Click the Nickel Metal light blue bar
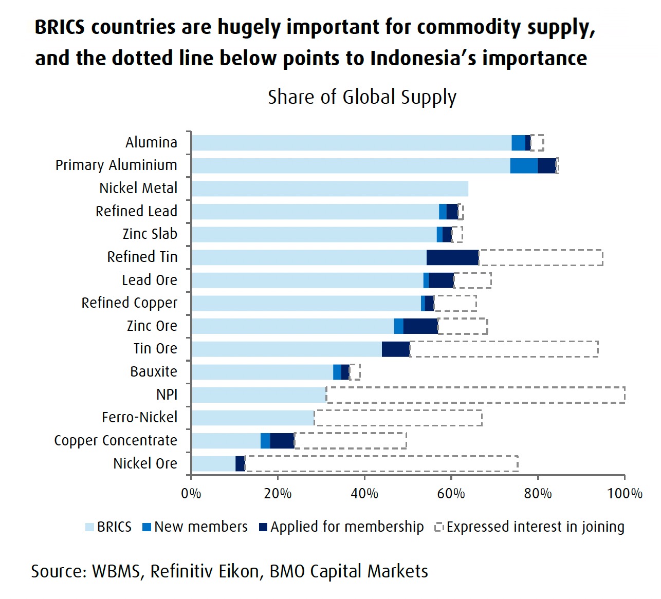tap(329, 189)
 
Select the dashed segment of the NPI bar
tap(475, 395)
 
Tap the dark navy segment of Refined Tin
tap(452, 257)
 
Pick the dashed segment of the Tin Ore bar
tap(504, 349)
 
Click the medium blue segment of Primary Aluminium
tap(524, 166)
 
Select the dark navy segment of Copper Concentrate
tap(282, 441)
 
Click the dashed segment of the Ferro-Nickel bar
tap(398, 418)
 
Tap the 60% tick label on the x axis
tap(451, 494)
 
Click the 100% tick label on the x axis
tap(624, 494)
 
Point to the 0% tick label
tap(191, 494)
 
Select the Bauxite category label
tap(153, 371)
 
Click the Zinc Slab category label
tap(150, 234)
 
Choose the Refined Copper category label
tap(129, 303)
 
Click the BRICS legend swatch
tap(90, 527)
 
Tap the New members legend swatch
tap(147, 527)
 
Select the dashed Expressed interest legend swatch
tap(439, 527)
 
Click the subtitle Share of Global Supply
tap(362, 97)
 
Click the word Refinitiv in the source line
tap(204, 571)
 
